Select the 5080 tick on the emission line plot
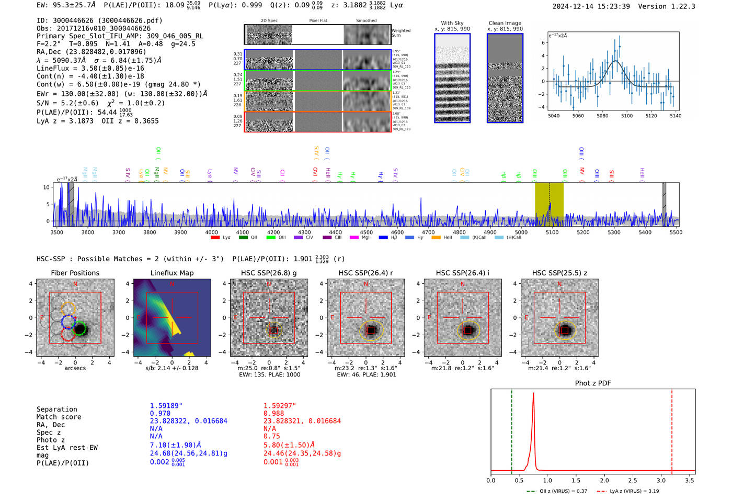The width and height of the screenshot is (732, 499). [602, 116]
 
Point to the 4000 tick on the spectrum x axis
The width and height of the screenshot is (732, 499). [211, 232]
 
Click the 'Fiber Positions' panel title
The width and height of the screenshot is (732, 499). [75, 273]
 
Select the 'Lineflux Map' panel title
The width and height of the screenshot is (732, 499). [171, 273]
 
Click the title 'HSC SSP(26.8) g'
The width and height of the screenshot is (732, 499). [269, 273]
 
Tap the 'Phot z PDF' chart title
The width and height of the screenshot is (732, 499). [593, 383]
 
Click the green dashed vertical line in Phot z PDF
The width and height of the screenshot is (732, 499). [512, 429]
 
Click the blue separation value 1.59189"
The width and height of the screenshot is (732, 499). [166, 406]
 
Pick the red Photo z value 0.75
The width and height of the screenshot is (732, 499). [271, 436]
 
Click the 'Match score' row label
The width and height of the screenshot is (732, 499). [59, 417]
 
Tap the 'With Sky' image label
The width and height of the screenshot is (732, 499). [452, 23]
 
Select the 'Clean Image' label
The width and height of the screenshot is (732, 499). [505, 23]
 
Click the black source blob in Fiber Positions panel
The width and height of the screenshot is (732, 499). [79, 329]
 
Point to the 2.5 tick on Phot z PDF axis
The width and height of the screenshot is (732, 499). [633, 480]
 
